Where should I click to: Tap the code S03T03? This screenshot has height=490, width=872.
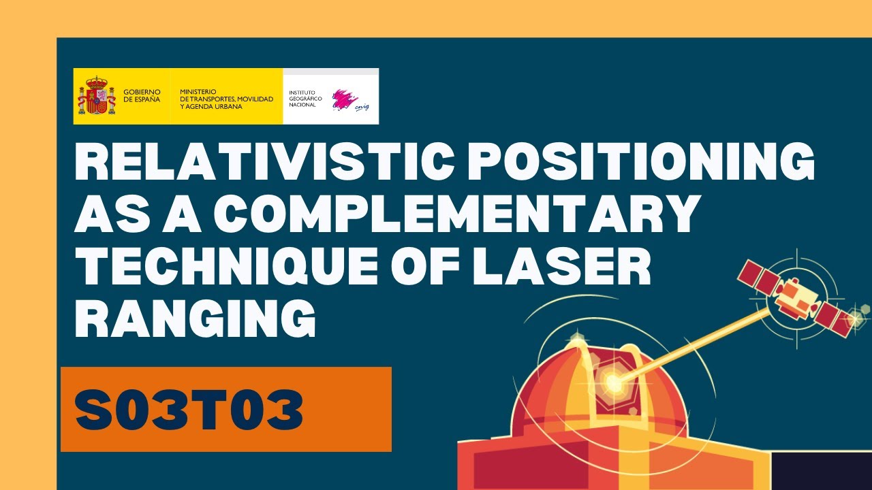pos(189,410)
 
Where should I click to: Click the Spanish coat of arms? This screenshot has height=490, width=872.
pos(96,96)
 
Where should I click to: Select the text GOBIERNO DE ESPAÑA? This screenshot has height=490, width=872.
pos(142,95)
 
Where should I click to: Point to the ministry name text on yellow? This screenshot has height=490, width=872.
pos(226,99)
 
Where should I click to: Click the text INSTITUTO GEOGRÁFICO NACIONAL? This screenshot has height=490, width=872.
pos(306,99)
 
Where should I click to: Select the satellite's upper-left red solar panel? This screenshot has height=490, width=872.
pos(759,276)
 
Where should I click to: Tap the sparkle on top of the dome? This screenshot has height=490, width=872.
pos(578,339)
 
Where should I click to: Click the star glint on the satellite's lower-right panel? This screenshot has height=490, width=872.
pos(853,315)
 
